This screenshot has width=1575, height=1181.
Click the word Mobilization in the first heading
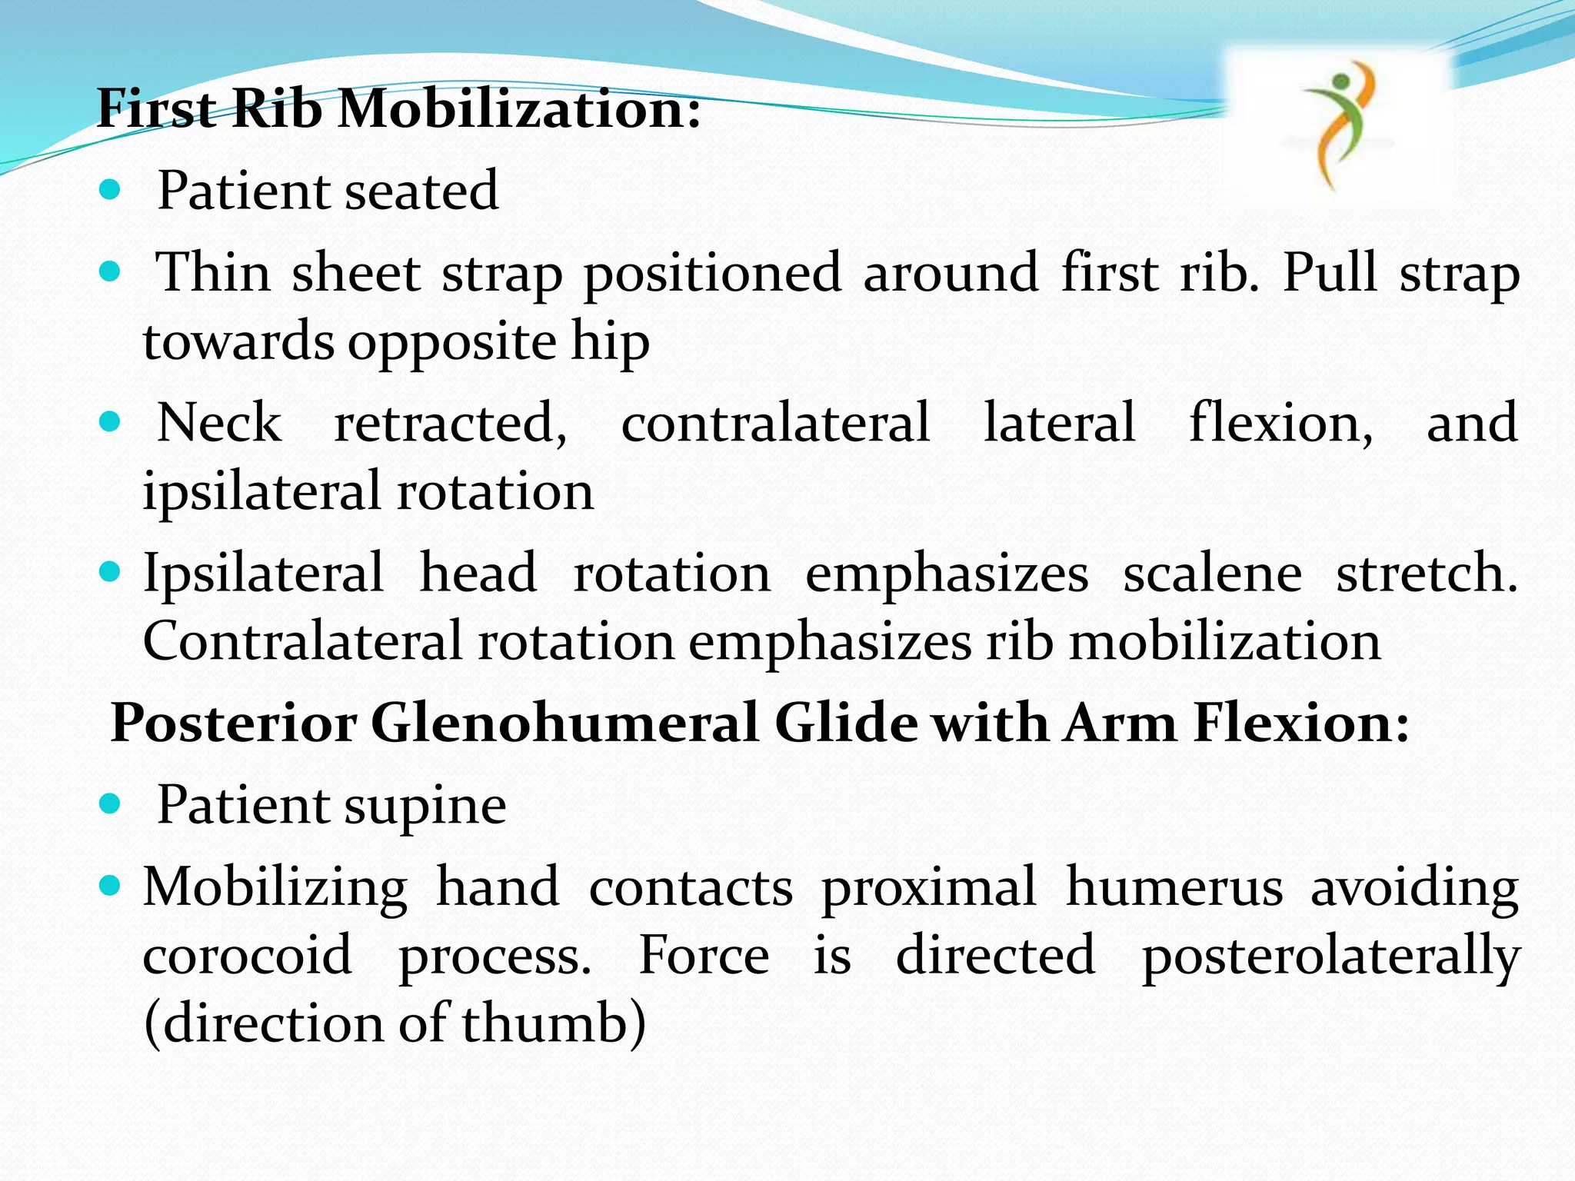point(519,108)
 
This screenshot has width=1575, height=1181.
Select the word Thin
point(214,272)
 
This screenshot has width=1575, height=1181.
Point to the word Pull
point(1330,272)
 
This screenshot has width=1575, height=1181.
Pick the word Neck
point(219,423)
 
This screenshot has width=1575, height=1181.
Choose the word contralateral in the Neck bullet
point(775,423)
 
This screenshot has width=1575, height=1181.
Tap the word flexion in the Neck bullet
point(1280,423)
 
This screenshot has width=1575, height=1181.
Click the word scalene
point(1212,574)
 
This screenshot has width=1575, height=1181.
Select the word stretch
point(1427,574)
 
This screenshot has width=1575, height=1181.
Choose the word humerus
point(1174,887)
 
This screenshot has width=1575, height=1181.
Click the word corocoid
point(248,956)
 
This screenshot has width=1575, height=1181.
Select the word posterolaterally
point(1330,956)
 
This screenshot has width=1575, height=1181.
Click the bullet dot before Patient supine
point(111,804)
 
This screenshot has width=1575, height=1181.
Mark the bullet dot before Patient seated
point(111,189)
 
